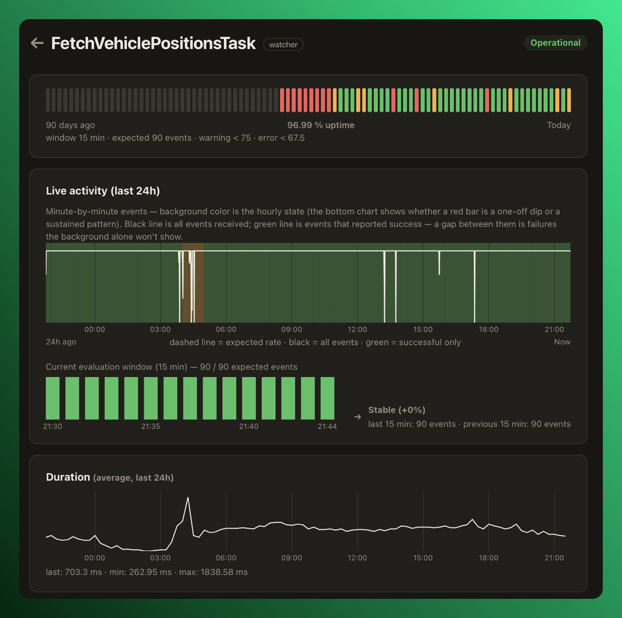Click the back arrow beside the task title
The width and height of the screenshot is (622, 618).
pyautogui.click(x=37, y=43)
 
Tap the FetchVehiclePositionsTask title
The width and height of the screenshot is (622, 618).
pyautogui.click(x=153, y=43)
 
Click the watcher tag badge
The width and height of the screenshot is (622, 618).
pyautogui.click(x=283, y=45)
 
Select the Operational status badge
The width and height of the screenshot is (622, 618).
pyautogui.click(x=555, y=43)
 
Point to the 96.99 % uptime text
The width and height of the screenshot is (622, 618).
pyautogui.click(x=321, y=125)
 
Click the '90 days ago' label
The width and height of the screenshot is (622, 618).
pyautogui.click(x=70, y=125)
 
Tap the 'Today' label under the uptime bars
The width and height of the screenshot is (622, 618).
pyautogui.click(x=558, y=125)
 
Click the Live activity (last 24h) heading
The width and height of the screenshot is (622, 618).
pyautogui.click(x=103, y=191)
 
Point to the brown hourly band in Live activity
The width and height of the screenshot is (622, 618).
pyautogui.click(x=193, y=283)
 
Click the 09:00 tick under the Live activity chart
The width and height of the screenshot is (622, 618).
pyautogui.click(x=291, y=329)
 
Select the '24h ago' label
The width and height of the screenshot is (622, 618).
pyautogui.click(x=61, y=342)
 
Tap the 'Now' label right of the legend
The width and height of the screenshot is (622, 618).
pyautogui.click(x=562, y=342)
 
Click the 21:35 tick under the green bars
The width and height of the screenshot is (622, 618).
pyautogui.click(x=150, y=426)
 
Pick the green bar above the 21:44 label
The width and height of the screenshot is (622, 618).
pyautogui.click(x=327, y=398)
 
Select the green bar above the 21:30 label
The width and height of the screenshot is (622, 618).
pyautogui.click(x=53, y=398)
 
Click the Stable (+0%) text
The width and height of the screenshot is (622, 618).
pyautogui.click(x=397, y=410)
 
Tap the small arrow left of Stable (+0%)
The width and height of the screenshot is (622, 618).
pyautogui.click(x=357, y=417)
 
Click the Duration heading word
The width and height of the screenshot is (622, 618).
pyautogui.click(x=68, y=477)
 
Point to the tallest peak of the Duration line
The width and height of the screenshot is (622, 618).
pyautogui.click(x=188, y=498)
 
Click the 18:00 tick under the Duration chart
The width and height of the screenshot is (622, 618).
pyautogui.click(x=488, y=558)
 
